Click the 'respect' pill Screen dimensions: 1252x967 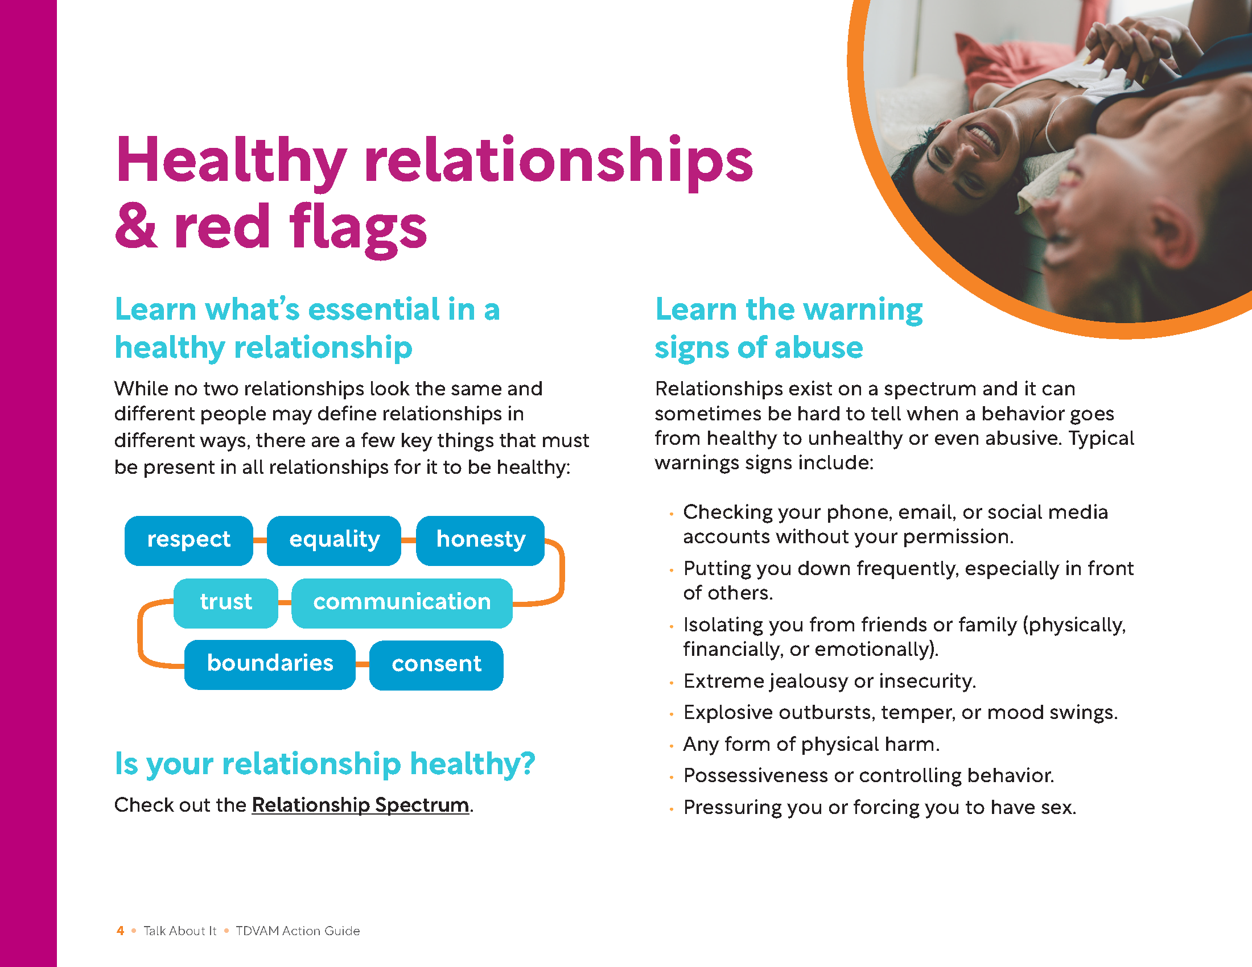tap(188, 540)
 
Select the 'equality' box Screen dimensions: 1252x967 tap(333, 540)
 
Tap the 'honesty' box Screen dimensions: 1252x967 tap(480, 540)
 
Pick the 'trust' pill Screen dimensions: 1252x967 tap(226, 602)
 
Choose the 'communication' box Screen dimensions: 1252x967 tap(402, 602)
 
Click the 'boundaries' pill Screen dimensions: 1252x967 tap(270, 664)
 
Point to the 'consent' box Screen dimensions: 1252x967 tap(436, 665)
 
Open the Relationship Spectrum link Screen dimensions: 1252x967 tap(361, 805)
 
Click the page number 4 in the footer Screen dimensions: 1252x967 tap(121, 931)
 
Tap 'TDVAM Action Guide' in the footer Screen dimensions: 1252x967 tap(298, 931)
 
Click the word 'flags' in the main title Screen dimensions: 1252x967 tap(359, 228)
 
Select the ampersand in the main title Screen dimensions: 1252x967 tap(137, 226)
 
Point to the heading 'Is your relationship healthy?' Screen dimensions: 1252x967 tap(324, 764)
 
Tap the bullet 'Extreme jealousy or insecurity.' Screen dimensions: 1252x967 tap(830, 681)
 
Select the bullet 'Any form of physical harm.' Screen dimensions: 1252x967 tap(811, 744)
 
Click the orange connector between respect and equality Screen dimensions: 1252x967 tap(260, 540)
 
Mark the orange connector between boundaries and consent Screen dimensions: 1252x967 tap(363, 664)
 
